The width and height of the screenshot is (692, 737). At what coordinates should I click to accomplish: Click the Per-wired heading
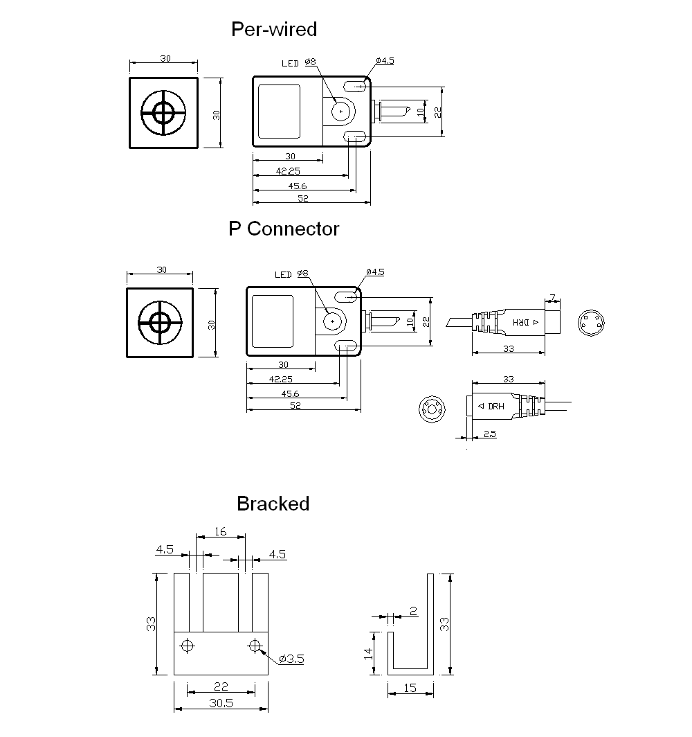pos(273,29)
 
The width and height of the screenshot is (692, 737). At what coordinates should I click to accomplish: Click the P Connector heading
pos(284,229)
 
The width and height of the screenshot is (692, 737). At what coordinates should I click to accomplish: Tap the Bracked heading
pos(273,504)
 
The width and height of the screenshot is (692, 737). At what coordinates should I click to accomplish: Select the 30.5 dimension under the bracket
pos(220,702)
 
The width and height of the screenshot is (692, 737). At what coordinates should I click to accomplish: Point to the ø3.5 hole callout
pos(292,659)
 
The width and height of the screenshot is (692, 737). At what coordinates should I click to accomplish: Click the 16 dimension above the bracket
pos(220,531)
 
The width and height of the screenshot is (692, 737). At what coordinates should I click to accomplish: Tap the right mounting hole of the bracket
pos(255,646)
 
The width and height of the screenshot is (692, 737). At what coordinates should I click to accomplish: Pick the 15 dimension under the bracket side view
pos(410,688)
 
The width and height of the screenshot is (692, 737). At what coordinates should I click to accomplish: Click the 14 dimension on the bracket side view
pos(367,652)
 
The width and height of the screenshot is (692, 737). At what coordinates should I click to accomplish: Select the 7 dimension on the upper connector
pos(552,299)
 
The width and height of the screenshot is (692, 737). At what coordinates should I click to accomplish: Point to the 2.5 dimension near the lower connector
pos(489,434)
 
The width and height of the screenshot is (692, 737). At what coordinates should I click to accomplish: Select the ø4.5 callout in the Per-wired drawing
pos(385,61)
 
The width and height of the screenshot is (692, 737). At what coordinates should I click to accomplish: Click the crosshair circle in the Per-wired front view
pos(164,112)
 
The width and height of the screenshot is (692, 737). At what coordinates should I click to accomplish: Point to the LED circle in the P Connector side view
pos(333,321)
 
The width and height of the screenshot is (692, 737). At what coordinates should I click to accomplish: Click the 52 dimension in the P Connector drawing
pos(295,406)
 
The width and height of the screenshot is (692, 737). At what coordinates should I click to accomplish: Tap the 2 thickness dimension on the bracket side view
pos(413,610)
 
